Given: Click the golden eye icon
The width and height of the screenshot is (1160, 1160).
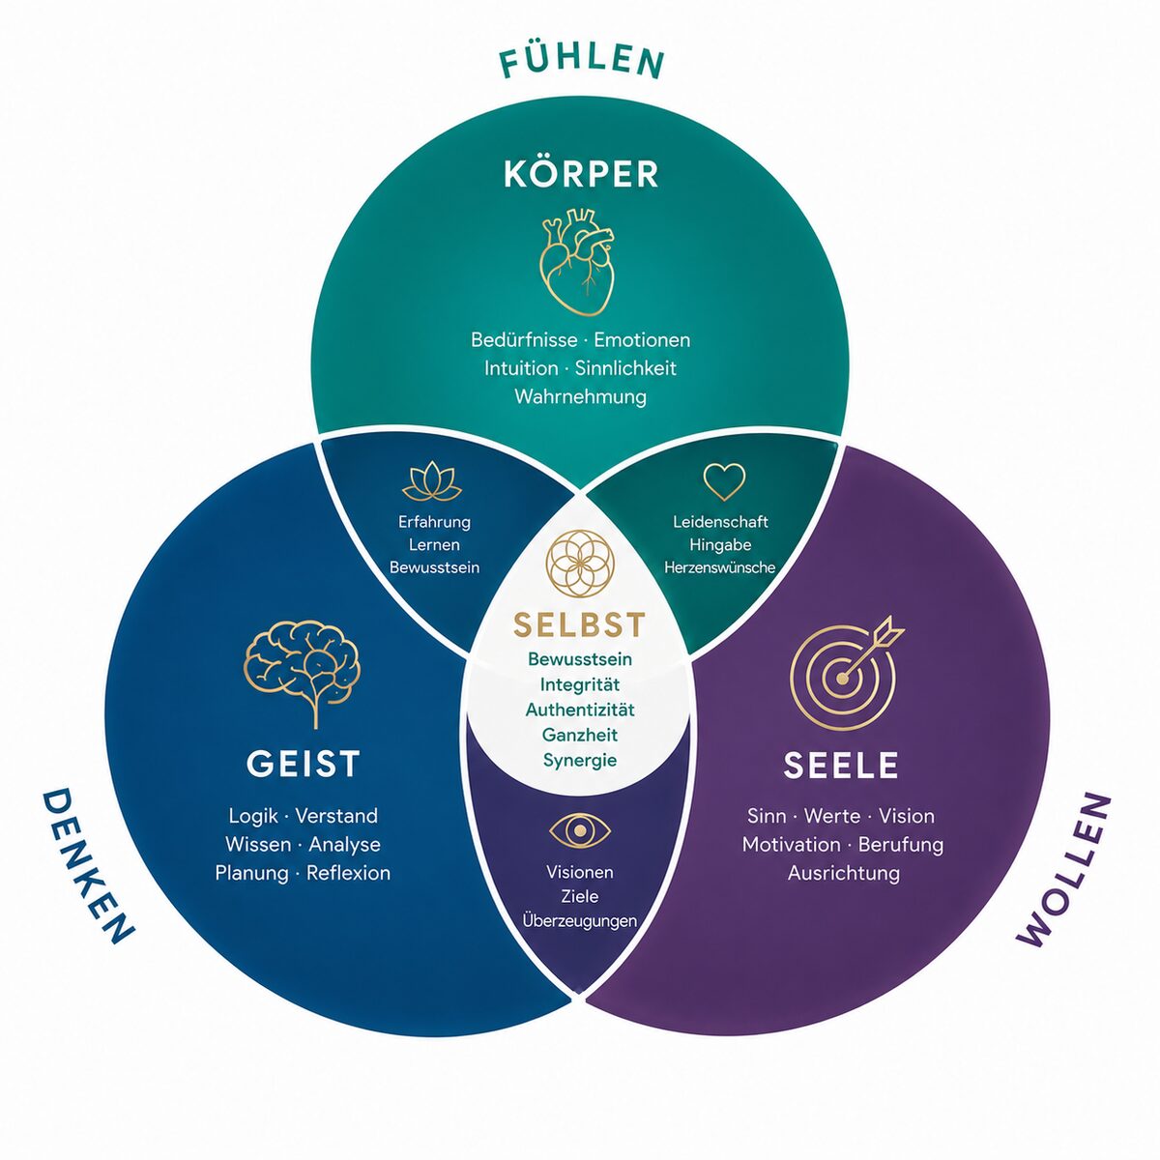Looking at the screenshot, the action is tap(580, 830).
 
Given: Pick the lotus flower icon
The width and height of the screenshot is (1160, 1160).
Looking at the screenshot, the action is tap(431, 482).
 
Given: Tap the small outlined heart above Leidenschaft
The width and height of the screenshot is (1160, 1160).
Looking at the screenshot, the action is tap(724, 481).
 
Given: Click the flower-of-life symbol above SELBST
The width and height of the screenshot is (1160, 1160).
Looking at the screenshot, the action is tap(579, 564).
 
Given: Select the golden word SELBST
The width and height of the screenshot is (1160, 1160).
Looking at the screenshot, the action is tap(579, 624).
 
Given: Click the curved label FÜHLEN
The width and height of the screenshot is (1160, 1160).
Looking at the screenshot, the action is tap(582, 63).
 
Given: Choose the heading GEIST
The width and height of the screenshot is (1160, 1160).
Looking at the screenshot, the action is tap(303, 764).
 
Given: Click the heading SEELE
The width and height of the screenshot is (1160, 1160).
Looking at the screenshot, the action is tap(840, 765).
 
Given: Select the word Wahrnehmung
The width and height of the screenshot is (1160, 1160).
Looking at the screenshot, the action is tap(580, 397).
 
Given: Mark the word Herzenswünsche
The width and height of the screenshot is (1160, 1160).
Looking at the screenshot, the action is tap(720, 567).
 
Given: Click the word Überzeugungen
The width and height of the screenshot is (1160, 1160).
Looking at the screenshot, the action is tap(580, 920).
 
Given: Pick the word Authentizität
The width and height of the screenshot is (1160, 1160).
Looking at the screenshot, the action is tap(580, 710).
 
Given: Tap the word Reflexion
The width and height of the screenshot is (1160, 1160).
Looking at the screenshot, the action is tap(349, 873).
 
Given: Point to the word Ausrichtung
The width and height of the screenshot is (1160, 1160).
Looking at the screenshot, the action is tap(843, 873).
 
